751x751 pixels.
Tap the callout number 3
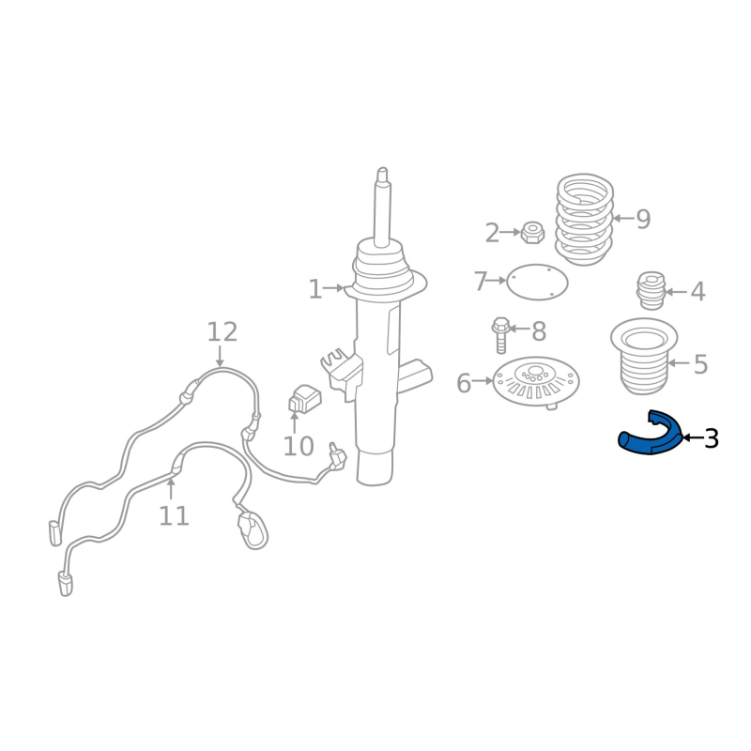[712, 438]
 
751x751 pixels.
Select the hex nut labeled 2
[532, 232]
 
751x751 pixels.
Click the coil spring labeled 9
[584, 220]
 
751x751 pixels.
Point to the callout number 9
[643, 220]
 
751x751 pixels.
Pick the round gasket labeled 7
[537, 283]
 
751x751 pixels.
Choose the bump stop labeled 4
[651, 291]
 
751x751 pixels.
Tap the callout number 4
[697, 292]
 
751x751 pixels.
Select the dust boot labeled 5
[644, 357]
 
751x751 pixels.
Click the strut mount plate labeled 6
[536, 382]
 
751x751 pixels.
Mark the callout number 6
[464, 383]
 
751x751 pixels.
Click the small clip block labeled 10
[304, 398]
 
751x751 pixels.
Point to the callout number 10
[299, 447]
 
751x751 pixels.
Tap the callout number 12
[222, 332]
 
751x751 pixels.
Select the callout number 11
[174, 516]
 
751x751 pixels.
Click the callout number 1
[315, 289]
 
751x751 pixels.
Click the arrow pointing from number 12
[220, 357]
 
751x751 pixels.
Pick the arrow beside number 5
[679, 363]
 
